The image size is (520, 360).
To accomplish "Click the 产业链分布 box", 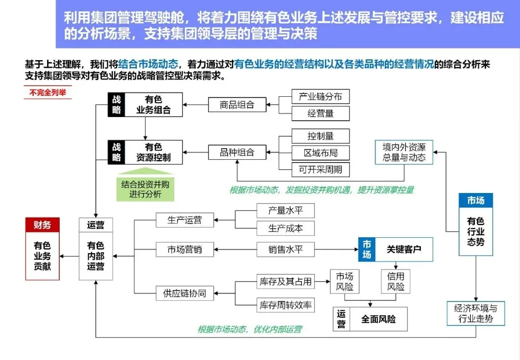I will pyautogui.click(x=321, y=96).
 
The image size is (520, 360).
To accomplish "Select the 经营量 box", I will pyautogui.click(x=321, y=114).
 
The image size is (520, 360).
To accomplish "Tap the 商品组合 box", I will pyautogui.click(x=237, y=104).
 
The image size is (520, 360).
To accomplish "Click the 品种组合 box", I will pyautogui.click(x=237, y=153).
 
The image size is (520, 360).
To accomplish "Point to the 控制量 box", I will pyautogui.click(x=321, y=136).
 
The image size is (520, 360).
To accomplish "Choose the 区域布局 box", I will pyautogui.click(x=321, y=153).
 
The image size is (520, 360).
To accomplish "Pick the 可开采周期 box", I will pyautogui.click(x=321, y=169).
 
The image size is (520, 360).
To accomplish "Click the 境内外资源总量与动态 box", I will pyautogui.click(x=404, y=152).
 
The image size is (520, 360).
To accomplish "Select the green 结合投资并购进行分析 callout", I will pyautogui.click(x=145, y=189).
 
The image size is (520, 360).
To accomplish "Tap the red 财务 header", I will pyautogui.click(x=42, y=225).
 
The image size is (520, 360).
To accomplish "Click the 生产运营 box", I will pyautogui.click(x=184, y=220).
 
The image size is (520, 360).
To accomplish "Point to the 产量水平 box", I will pyautogui.click(x=285, y=211).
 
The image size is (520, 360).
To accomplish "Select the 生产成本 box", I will pyautogui.click(x=285, y=228).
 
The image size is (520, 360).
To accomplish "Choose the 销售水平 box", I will pyautogui.click(x=285, y=249).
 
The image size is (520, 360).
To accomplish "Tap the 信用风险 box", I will pyautogui.click(x=395, y=282).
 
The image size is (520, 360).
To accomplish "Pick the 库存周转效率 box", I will pyautogui.click(x=285, y=304).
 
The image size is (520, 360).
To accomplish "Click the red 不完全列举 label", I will pyautogui.click(x=47, y=93).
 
